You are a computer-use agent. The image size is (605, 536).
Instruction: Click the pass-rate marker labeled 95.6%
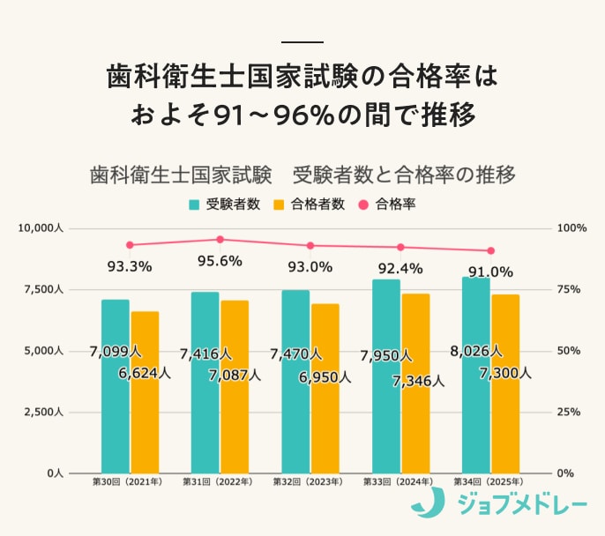pyautogui.click(x=220, y=239)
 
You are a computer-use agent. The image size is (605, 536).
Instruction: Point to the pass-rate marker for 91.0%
pyautogui.click(x=491, y=250)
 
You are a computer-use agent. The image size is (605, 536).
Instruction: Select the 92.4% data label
pyautogui.click(x=400, y=267)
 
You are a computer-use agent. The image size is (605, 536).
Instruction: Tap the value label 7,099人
pyautogui.click(x=116, y=353)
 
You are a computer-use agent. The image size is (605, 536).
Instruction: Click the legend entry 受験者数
pyautogui.click(x=226, y=205)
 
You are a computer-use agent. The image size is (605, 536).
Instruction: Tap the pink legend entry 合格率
pyautogui.click(x=387, y=205)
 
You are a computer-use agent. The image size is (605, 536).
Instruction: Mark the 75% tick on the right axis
pyautogui.click(x=572, y=289)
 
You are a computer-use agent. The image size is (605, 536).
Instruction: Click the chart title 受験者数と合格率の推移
pyautogui.click(x=302, y=174)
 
